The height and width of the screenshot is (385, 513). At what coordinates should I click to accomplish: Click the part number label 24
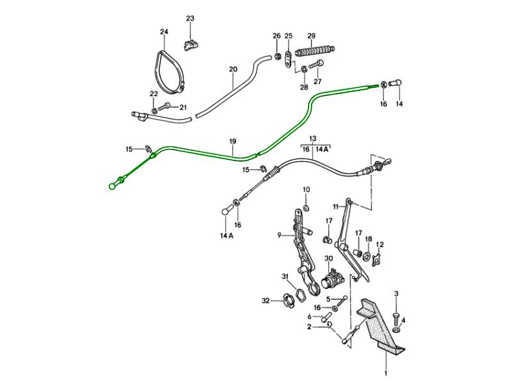pos(164,31)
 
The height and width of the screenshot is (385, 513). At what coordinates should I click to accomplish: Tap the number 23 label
pos(190,18)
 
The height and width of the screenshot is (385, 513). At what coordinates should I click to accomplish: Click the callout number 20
pos(233,69)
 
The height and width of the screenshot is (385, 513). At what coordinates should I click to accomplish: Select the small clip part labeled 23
pos(190,44)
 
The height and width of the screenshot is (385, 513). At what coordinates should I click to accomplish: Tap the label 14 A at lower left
pos(227,235)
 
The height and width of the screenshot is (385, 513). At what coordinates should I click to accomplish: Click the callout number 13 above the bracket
pos(313,139)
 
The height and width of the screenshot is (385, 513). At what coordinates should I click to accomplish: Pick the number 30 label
pos(329,259)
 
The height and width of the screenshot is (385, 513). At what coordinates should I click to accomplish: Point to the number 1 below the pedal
pos(386,373)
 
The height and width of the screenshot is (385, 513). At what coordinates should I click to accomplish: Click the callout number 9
pos(280,235)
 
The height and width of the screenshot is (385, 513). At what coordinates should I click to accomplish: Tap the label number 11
pos(335,206)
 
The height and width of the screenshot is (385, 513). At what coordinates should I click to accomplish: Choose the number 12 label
pos(380,244)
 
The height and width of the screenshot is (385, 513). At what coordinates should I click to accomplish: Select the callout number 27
pos(317,81)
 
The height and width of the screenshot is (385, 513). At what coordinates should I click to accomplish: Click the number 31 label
pos(285,277)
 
